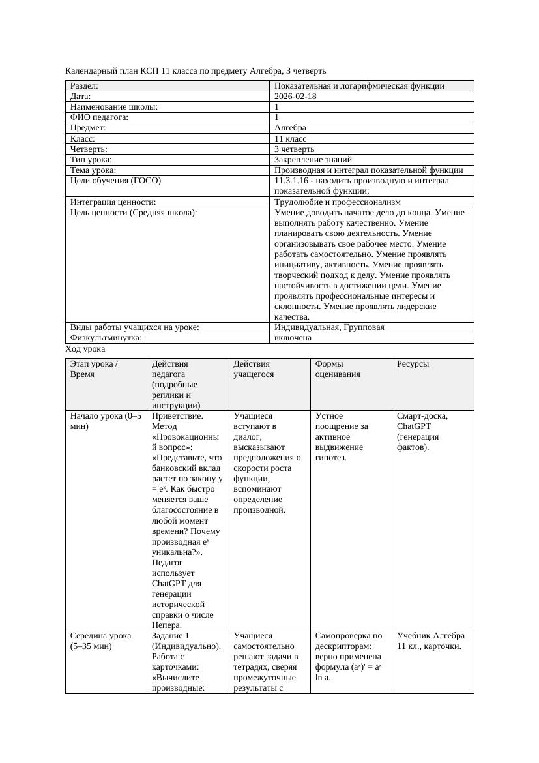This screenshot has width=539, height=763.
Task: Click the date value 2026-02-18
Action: (295, 97)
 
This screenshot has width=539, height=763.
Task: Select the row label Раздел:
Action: (84, 86)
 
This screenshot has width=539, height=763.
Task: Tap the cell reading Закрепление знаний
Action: (313, 159)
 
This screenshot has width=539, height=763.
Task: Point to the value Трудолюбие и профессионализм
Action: (338, 202)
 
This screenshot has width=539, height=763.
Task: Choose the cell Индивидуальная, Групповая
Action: (329, 327)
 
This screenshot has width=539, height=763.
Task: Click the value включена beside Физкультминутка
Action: (293, 338)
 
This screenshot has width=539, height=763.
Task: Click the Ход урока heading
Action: (85, 349)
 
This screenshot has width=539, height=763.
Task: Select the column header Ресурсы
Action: (413, 364)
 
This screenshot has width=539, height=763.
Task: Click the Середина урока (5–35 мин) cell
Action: (100, 641)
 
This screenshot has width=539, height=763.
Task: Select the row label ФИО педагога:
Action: (99, 117)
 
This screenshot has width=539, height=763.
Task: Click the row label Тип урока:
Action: (91, 159)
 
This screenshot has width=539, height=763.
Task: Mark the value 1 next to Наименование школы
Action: (277, 107)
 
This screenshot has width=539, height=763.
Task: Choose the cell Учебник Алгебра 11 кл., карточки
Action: (430, 641)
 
